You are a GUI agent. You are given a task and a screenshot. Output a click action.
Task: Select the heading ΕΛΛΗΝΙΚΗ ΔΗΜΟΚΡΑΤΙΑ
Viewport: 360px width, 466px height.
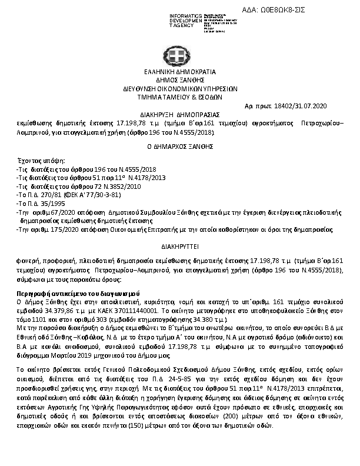click(179, 72)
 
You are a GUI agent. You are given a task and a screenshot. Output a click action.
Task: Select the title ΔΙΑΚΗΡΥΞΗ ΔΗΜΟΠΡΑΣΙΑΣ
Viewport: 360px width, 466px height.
click(180, 114)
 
